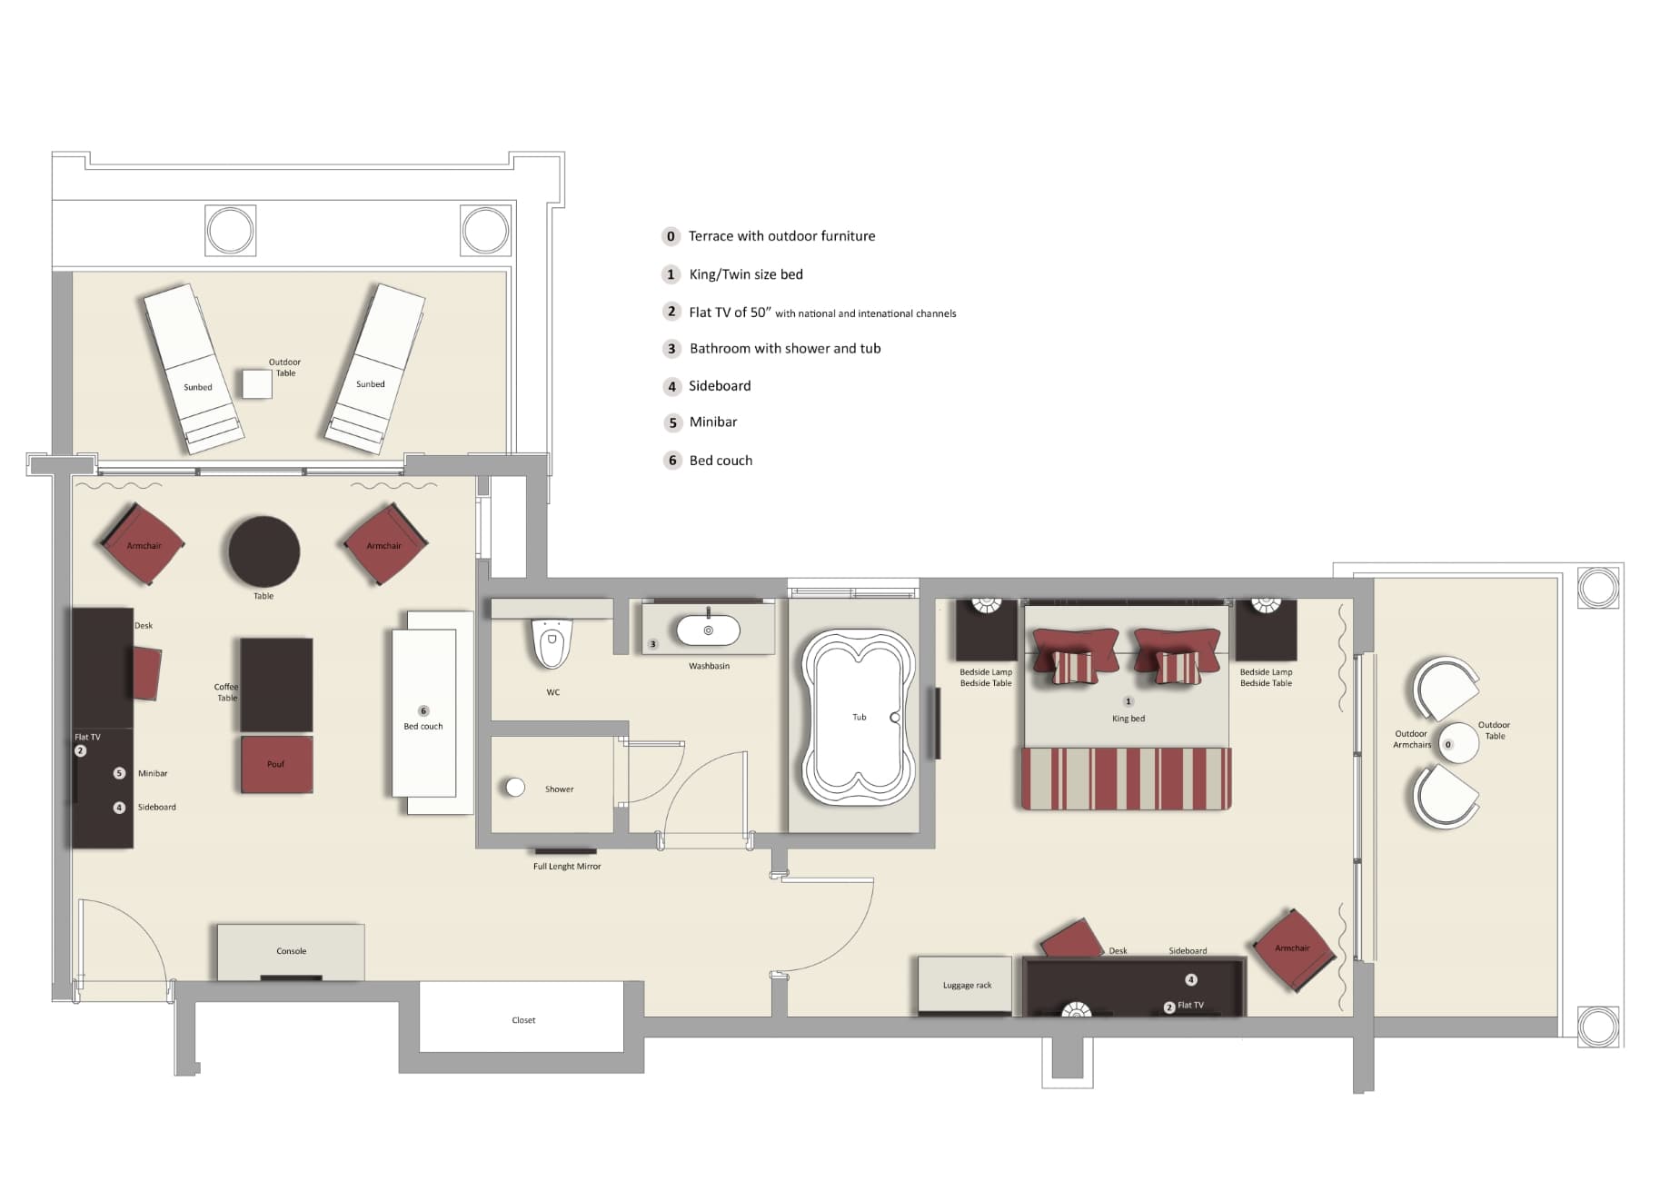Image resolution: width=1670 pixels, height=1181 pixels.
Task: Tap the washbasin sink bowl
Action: (x=708, y=630)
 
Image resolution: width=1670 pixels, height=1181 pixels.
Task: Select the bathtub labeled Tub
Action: (x=857, y=718)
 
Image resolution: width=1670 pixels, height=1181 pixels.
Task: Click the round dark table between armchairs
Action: (x=263, y=551)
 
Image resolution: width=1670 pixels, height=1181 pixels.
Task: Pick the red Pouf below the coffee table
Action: (x=276, y=764)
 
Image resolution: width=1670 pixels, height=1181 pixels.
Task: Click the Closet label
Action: (x=523, y=1020)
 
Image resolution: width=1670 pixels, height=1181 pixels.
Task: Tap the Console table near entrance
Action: (x=291, y=950)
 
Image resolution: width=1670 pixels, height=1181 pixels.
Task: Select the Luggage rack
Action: (x=965, y=985)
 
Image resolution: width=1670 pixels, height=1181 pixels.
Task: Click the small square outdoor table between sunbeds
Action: (x=257, y=383)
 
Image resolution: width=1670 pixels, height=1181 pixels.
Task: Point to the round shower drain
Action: (x=515, y=788)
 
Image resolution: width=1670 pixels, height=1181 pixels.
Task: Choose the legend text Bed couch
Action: (x=721, y=461)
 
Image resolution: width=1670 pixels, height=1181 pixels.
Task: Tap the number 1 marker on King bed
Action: (x=1128, y=701)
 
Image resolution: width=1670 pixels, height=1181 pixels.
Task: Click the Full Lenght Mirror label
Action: (x=566, y=867)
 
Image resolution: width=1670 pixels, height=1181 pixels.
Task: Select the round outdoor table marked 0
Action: (x=1457, y=744)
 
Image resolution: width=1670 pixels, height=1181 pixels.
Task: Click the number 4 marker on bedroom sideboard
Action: (x=1191, y=979)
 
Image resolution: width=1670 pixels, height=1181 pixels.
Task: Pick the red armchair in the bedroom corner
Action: (x=1293, y=949)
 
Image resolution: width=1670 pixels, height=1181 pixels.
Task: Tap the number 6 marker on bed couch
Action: (x=423, y=710)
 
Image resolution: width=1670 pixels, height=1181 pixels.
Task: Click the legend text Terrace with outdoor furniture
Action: (x=781, y=236)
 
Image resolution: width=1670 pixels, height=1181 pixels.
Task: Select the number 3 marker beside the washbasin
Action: (x=652, y=644)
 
